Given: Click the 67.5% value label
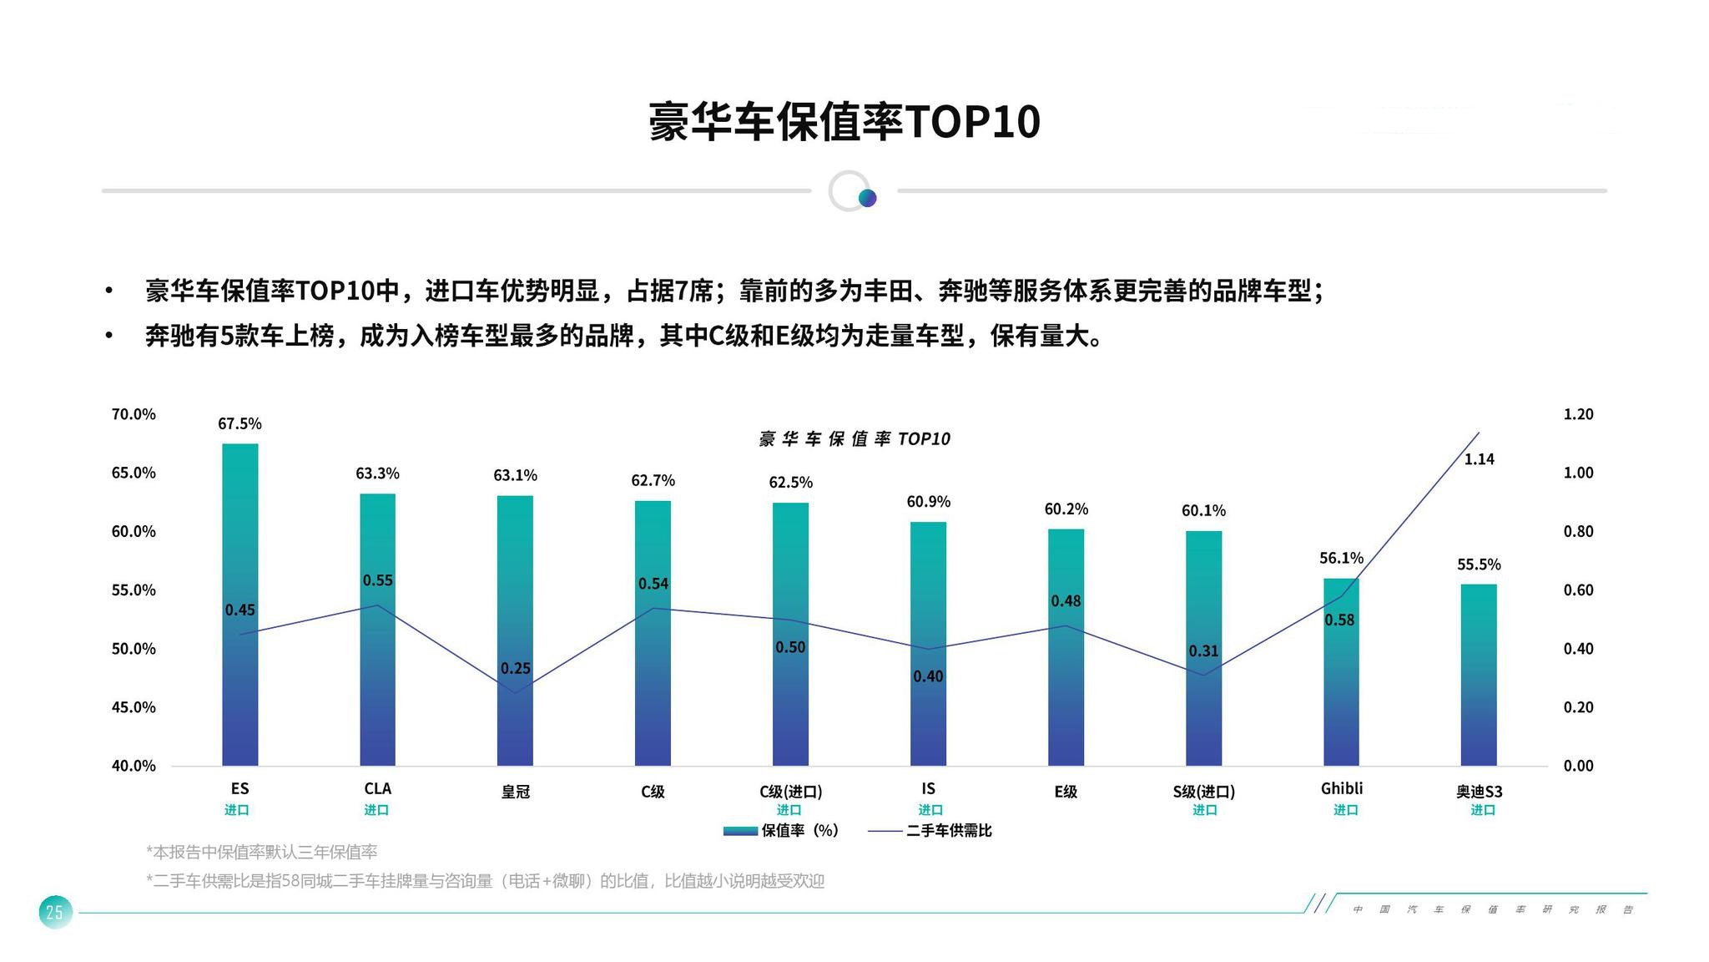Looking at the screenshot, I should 239,423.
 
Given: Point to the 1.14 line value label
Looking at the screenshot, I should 1479,458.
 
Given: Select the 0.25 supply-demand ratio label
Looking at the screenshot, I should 515,668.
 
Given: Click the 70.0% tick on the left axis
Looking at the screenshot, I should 134,414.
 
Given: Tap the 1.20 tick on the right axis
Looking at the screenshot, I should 1577,414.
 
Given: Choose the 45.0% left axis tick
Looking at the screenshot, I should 134,707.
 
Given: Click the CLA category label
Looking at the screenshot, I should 377,788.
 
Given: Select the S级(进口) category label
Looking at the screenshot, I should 1203,791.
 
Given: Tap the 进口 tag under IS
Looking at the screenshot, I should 930,810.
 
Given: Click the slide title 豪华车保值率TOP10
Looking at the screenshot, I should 844,122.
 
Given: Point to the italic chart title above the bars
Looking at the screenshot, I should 854,439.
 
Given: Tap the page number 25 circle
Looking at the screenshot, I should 55,912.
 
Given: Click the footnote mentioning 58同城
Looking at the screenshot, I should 485,881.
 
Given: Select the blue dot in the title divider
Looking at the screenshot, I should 867,198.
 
